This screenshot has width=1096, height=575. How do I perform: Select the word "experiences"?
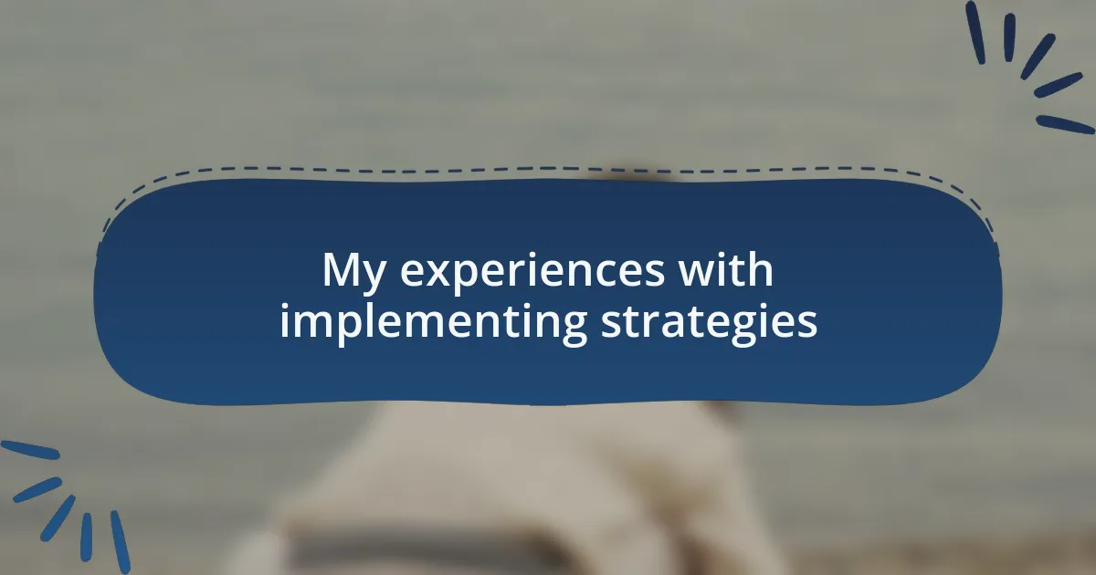[532, 270]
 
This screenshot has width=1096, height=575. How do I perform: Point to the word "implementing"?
[433, 323]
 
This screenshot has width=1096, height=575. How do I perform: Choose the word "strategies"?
[709, 323]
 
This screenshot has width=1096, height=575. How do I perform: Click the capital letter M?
[342, 269]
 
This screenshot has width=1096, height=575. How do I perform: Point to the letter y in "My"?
[374, 277]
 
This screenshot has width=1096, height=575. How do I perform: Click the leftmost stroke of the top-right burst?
[975, 32]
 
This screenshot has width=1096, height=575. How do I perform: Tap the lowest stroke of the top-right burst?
[1065, 125]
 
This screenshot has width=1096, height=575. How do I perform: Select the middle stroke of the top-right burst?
[1038, 57]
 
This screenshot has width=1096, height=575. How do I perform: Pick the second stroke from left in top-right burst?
[1009, 37]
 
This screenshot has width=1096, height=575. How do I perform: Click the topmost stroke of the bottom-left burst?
[30, 450]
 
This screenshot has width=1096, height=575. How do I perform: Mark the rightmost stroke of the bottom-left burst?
[121, 542]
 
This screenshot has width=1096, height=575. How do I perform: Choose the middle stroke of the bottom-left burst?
[58, 518]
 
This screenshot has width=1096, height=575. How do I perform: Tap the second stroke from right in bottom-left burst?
[86, 537]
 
